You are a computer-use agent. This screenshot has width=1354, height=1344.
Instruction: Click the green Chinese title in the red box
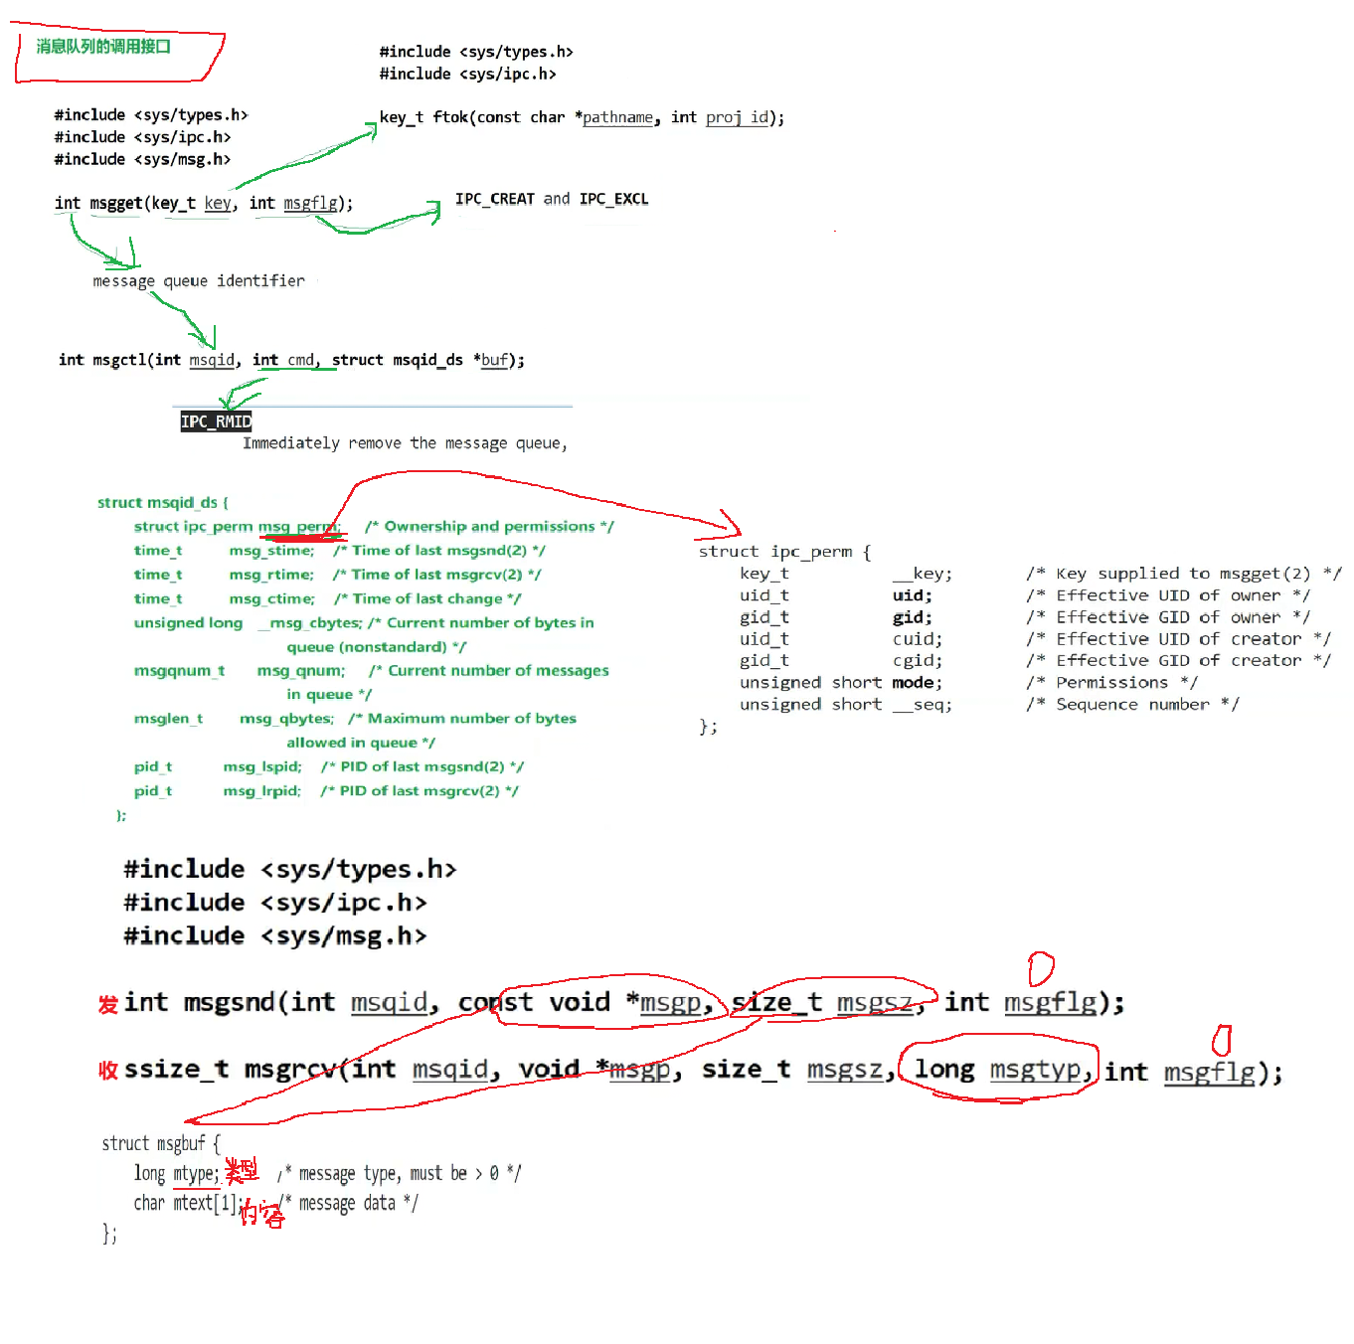[103, 47]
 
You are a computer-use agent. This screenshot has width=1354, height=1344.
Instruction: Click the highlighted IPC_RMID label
[216, 421]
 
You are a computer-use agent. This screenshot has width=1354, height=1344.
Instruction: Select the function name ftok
[450, 117]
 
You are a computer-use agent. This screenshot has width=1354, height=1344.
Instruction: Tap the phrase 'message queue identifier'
[199, 281]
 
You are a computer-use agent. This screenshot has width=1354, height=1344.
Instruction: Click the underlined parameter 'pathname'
[617, 117]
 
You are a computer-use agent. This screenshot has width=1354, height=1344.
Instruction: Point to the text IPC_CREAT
[494, 199]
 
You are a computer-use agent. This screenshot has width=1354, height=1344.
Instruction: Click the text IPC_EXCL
[613, 199]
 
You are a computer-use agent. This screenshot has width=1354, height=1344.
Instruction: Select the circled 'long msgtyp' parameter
[997, 1070]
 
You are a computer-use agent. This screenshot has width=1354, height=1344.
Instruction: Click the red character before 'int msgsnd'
[107, 1004]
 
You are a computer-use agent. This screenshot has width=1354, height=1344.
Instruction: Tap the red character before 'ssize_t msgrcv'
[107, 1071]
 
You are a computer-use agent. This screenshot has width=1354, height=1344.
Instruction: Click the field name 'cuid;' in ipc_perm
[917, 639]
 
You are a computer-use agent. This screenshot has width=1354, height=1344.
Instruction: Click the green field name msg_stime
[271, 551]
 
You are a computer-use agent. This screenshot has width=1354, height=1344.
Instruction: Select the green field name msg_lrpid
[261, 791]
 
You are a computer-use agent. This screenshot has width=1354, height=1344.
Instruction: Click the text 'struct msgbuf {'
[160, 1143]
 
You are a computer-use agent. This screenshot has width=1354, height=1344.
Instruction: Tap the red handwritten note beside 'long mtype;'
[242, 1171]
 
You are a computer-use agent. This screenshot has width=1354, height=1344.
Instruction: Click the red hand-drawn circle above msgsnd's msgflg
[1040, 967]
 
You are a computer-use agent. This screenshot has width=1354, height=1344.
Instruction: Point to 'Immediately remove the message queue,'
[405, 443]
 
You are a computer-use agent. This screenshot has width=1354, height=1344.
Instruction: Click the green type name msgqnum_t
[179, 671]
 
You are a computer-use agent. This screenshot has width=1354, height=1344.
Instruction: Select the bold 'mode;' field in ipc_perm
[917, 683]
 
